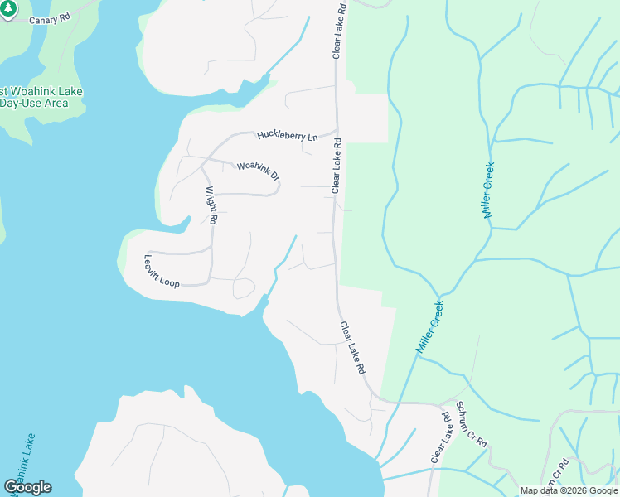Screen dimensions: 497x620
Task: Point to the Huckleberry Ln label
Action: (288, 135)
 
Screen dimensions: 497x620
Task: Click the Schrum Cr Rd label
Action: (469, 437)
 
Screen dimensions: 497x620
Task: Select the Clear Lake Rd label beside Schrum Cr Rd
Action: (439, 438)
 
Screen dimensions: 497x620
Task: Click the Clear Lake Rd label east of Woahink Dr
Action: (337, 166)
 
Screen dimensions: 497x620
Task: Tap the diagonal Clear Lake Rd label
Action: (352, 349)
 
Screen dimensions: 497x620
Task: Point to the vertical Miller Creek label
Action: (488, 190)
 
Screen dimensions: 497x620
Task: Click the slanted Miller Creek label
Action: (429, 327)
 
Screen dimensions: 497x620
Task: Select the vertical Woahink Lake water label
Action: (22, 460)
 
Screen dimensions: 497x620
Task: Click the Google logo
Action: (27, 487)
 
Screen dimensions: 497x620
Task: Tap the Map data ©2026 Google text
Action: (569, 490)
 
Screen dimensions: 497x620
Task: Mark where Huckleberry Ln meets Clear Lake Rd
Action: (336, 129)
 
